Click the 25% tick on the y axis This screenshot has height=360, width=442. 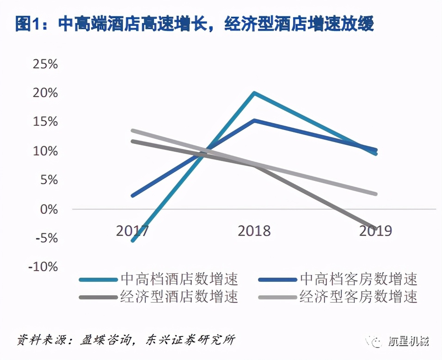45,64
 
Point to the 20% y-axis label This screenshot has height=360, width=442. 45,93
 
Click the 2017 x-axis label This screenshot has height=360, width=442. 132,230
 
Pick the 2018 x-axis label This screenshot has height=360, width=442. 254,230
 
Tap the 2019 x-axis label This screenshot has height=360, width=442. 375,230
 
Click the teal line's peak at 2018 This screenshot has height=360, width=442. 254,93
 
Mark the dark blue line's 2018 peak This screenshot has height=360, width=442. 254,120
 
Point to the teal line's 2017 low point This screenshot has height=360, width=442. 133,241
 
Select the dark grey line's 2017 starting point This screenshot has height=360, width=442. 133,141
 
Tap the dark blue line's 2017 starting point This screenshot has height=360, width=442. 133,196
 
